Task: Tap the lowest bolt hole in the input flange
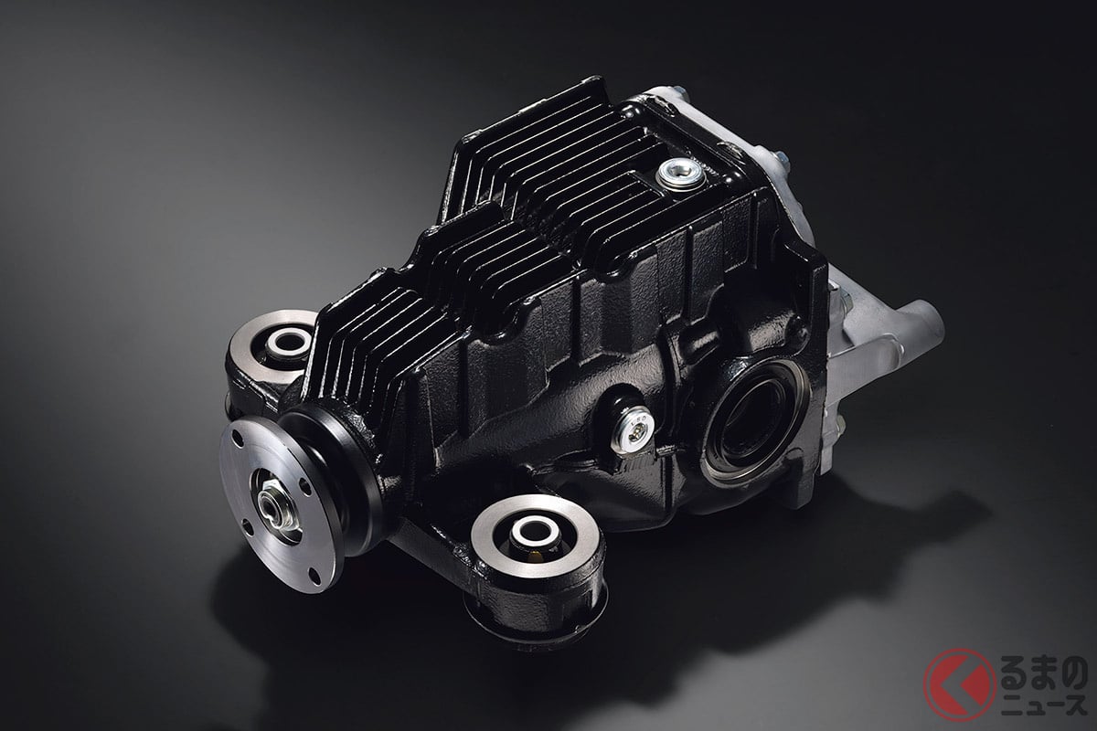pos(316,576)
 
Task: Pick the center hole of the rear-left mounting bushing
pos(291,341)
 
